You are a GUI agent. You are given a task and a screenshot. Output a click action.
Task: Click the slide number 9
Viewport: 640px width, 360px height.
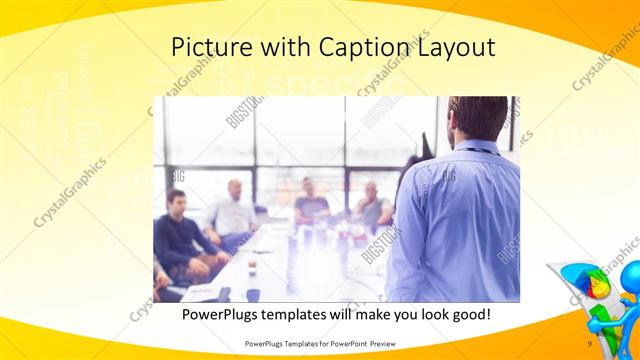pos(590,343)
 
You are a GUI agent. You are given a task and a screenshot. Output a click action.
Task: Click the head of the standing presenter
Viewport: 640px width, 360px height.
pos(477,117)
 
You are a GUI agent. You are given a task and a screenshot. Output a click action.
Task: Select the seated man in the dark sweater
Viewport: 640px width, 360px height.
pos(177,235)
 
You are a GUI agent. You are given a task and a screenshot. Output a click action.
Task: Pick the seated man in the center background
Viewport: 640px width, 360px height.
pos(310,203)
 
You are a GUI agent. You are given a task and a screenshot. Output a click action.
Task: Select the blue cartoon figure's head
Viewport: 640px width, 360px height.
pos(626,276)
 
